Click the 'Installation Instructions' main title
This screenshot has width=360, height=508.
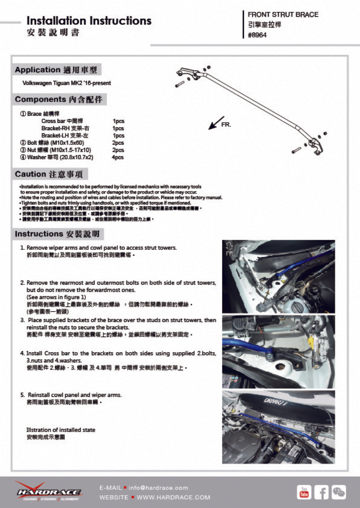pos(89,21)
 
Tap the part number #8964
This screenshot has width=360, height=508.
pos(257,35)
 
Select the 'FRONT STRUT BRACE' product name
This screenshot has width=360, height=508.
pos(283,15)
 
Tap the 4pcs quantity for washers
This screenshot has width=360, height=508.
pos(118,157)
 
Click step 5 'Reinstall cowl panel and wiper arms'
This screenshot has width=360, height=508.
pos(74,395)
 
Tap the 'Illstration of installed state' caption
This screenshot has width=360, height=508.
pos(61,429)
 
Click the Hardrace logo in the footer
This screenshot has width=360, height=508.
pos(49,491)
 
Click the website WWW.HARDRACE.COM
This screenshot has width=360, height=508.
pos(173,497)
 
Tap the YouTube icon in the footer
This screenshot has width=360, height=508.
pos(303,492)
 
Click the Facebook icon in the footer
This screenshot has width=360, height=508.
pos(321,492)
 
